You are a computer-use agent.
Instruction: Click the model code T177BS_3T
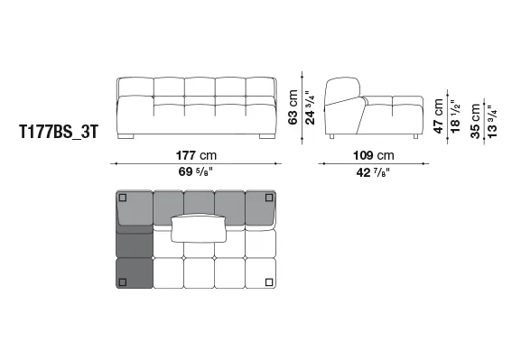[x=59, y=132]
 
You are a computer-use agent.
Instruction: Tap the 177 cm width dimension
[x=196, y=155]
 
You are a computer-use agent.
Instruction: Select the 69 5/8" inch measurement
[x=196, y=171]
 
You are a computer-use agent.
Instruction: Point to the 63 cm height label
[x=293, y=107]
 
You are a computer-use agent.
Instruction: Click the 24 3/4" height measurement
[x=310, y=107]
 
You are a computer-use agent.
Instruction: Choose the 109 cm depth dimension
[x=374, y=155]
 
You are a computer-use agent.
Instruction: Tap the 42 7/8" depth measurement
[x=373, y=172]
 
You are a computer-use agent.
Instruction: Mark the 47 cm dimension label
[x=438, y=115]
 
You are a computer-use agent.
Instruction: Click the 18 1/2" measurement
[x=455, y=116]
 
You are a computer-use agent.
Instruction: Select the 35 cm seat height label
[x=475, y=121]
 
